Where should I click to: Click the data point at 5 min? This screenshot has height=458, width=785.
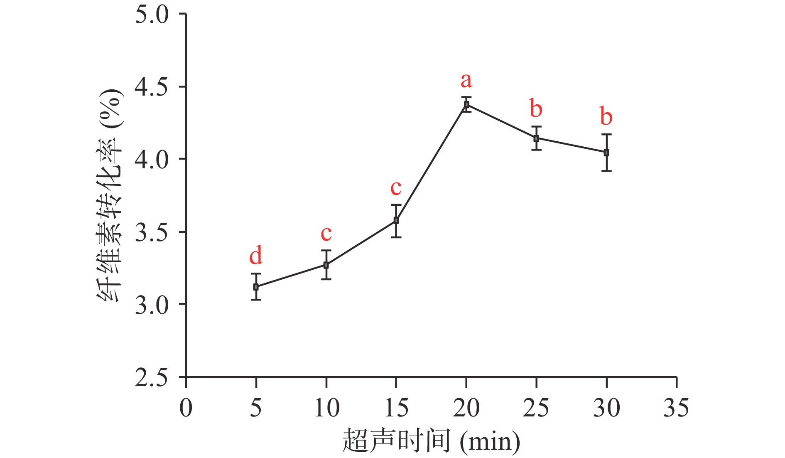click(256, 287)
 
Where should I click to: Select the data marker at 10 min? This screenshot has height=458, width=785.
click(326, 265)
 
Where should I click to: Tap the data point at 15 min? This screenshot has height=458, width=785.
click(396, 220)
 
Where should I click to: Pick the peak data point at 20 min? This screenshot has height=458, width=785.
click(466, 104)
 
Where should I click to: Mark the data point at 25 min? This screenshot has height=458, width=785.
click(536, 138)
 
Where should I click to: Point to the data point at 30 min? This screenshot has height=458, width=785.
click(606, 153)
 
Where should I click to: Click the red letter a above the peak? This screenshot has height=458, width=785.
click(466, 80)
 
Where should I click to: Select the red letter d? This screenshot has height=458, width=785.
click(256, 255)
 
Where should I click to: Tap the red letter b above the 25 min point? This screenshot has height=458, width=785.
click(536, 108)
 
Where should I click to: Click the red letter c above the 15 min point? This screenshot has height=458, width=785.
click(396, 188)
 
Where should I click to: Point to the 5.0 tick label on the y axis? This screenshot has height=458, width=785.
click(152, 15)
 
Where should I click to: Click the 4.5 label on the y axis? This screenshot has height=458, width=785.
click(152, 87)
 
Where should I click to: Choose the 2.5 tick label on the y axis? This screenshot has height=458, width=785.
click(152, 378)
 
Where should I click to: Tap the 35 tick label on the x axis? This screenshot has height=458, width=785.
click(676, 408)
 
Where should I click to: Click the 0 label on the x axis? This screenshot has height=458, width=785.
click(186, 408)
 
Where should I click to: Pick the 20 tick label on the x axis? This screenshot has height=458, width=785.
click(466, 408)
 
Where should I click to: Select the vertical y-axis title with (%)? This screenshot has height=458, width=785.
click(110, 195)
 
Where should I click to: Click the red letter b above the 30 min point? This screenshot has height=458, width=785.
click(606, 116)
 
